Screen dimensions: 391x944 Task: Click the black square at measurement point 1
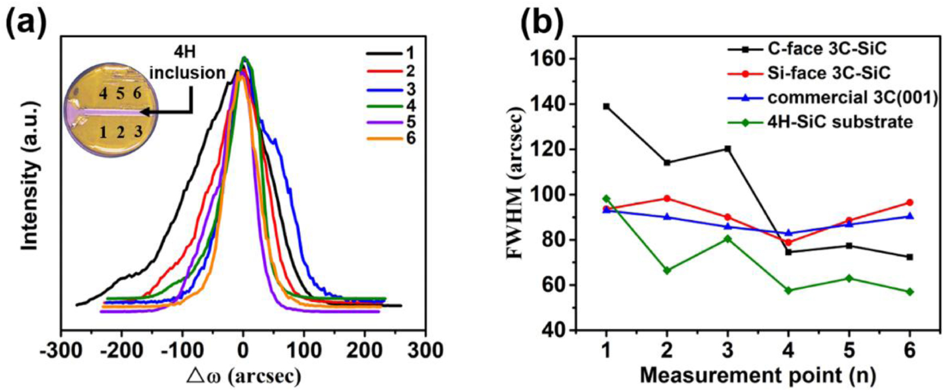pos(606,106)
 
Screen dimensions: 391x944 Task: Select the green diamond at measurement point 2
pos(667,270)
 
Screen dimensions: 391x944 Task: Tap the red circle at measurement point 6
pos(910,202)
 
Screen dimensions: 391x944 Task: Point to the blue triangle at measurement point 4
pos(788,233)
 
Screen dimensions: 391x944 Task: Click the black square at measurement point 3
pos(727,149)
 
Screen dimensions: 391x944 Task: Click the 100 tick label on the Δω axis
pos(303,351)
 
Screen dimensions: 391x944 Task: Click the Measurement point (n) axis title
pos(757,375)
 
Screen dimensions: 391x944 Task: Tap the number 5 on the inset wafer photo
pos(120,93)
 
